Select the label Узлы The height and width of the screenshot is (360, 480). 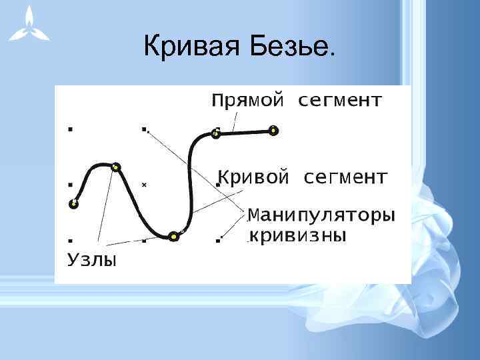[92, 259]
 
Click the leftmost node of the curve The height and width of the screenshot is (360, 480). [74, 203]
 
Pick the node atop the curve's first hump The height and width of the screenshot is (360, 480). [116, 167]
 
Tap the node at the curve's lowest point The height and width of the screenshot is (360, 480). [173, 235]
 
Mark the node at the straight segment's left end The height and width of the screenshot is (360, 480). [215, 134]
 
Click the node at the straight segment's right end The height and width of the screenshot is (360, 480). [273, 130]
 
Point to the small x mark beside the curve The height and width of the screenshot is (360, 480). [143, 185]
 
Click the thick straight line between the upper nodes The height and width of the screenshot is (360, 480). [244, 133]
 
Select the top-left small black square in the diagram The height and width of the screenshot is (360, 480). [70, 127]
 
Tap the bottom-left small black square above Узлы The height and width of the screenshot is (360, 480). [70, 238]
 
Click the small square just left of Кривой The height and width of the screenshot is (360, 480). [217, 183]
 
